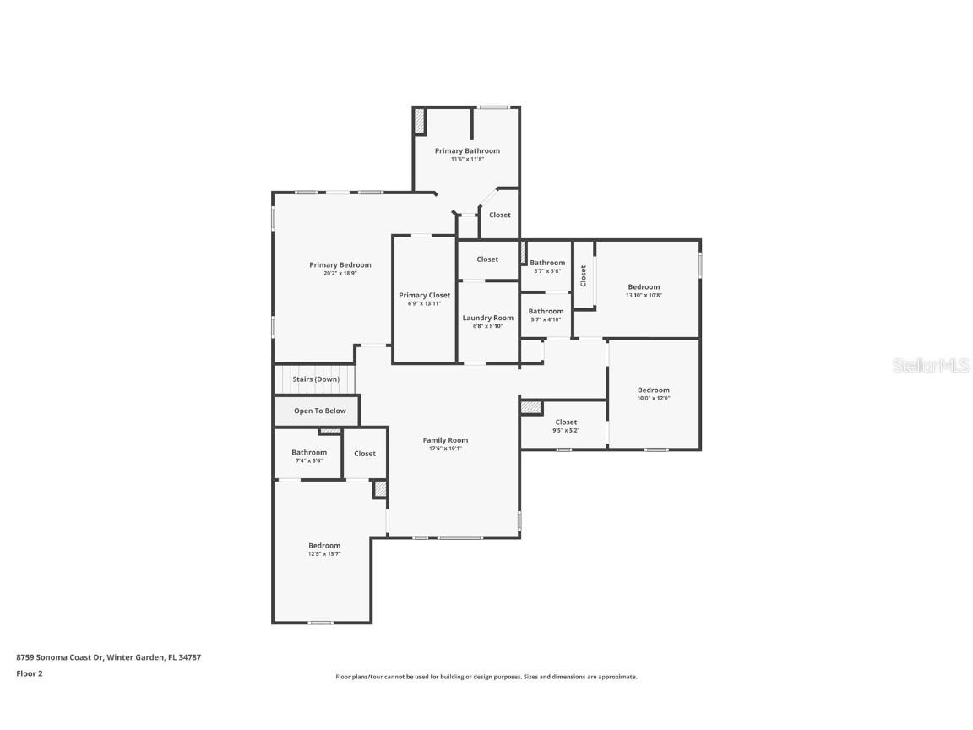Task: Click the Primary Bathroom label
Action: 466,151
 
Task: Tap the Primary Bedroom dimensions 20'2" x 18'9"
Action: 340,273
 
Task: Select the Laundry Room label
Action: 487,318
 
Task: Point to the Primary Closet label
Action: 425,296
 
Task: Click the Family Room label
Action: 446,440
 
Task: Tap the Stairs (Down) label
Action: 316,379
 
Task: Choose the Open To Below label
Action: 320,411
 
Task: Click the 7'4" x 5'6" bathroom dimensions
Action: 309,460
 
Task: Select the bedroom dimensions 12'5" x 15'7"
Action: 324,553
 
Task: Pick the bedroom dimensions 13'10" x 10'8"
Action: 644,295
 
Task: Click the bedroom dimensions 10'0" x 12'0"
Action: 654,398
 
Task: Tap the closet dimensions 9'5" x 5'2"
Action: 566,430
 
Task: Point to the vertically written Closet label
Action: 584,275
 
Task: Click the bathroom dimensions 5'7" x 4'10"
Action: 546,319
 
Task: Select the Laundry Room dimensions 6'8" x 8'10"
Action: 487,326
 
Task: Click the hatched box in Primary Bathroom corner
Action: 420,121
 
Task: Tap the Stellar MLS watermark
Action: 931,366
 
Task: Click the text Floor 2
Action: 30,673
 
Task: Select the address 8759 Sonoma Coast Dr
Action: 60,657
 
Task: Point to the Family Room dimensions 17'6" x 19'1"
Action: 446,448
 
